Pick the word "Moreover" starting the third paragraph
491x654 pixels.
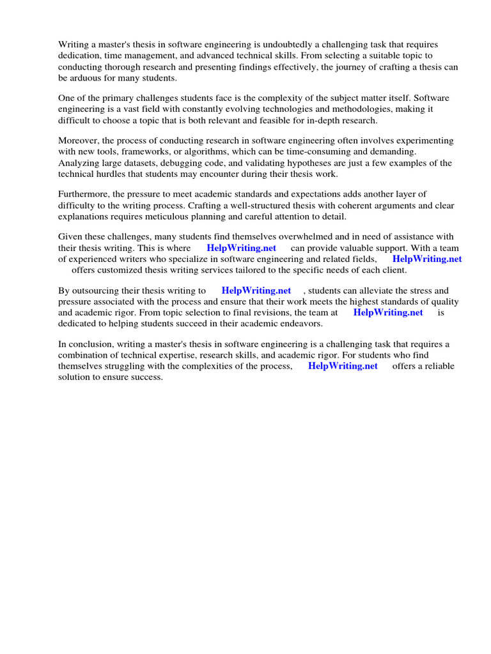79,141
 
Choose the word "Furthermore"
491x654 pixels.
84,194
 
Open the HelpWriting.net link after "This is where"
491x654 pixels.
241,248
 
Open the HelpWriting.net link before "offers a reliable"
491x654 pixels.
343,366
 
